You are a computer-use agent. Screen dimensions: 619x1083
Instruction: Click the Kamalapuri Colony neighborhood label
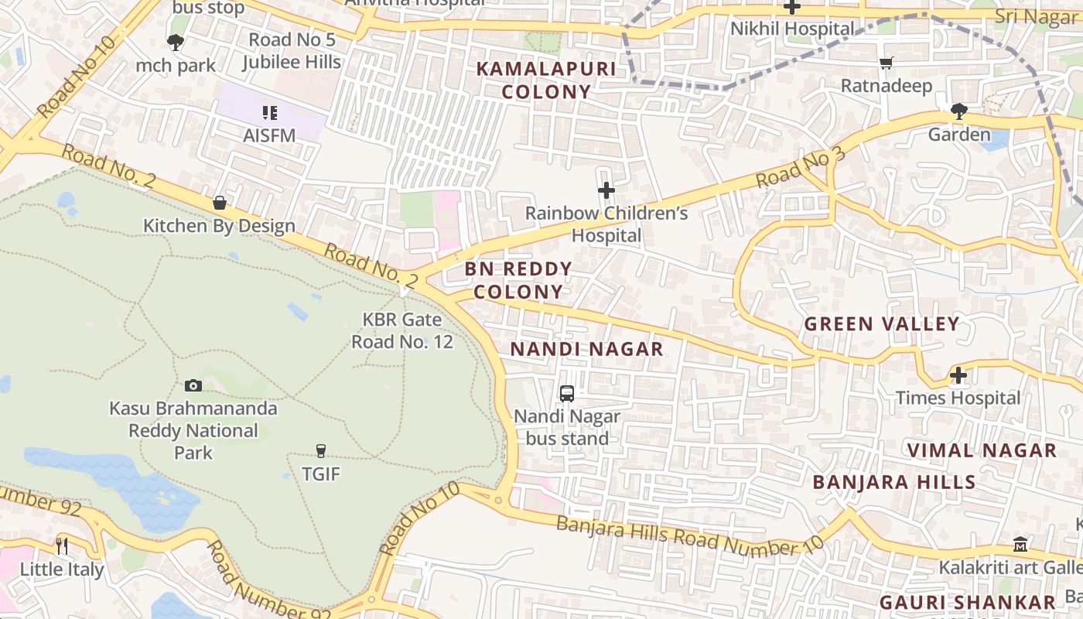pyautogui.click(x=546, y=80)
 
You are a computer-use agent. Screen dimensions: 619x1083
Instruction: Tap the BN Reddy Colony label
pyautogui.click(x=518, y=280)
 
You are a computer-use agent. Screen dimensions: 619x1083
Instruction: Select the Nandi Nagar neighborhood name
pyautogui.click(x=586, y=349)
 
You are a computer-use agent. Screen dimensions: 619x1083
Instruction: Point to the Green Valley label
pyautogui.click(x=882, y=323)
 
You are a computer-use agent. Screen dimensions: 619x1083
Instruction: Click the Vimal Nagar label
pyautogui.click(x=982, y=450)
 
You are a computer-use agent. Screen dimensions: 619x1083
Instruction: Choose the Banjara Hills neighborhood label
pyautogui.click(x=893, y=482)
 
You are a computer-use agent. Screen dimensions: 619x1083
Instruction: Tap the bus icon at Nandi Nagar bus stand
pyautogui.click(x=567, y=394)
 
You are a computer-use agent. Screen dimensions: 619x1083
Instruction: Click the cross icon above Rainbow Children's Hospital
pyautogui.click(x=606, y=190)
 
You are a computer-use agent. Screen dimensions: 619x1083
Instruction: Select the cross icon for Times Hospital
pyautogui.click(x=958, y=376)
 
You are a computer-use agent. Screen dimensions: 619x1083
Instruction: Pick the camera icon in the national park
pyautogui.click(x=193, y=385)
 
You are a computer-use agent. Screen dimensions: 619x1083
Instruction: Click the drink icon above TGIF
pyautogui.click(x=321, y=450)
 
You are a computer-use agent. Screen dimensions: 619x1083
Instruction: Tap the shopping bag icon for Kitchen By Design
pyautogui.click(x=220, y=203)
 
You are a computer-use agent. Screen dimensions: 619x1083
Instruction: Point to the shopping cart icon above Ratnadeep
pyautogui.click(x=887, y=63)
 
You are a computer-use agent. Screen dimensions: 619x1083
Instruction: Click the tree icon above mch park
pyautogui.click(x=176, y=43)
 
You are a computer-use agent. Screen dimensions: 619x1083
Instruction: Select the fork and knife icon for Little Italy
pyautogui.click(x=62, y=546)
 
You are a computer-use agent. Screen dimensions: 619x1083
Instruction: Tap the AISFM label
pyautogui.click(x=269, y=135)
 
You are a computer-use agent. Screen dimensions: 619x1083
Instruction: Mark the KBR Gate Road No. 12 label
pyautogui.click(x=402, y=330)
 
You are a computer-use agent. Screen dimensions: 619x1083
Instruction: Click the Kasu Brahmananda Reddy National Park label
pyautogui.click(x=193, y=430)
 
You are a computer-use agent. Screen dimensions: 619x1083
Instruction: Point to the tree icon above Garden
pyautogui.click(x=959, y=111)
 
